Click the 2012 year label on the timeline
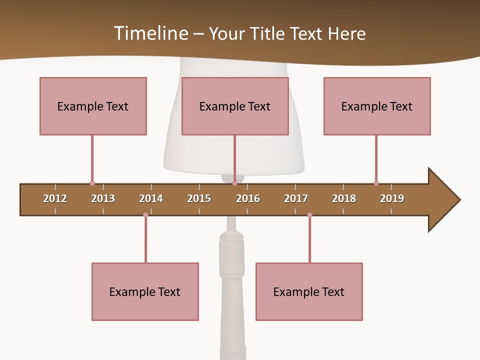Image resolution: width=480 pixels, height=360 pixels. (x=55, y=198)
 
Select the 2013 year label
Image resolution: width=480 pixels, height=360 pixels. (x=103, y=198)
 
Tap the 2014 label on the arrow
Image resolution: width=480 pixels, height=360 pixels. (x=151, y=198)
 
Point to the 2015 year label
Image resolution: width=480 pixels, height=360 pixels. (x=199, y=198)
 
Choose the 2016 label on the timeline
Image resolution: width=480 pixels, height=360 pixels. (x=248, y=198)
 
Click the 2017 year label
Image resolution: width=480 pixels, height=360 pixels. (x=296, y=198)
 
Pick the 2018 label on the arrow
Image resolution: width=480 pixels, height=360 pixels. (x=344, y=198)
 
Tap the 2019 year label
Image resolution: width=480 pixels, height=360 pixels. (x=392, y=198)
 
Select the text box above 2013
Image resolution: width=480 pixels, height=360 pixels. (x=93, y=106)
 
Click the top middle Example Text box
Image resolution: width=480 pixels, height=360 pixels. (x=235, y=106)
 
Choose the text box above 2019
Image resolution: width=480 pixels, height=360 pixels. (x=377, y=106)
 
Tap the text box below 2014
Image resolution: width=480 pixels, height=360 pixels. (x=145, y=291)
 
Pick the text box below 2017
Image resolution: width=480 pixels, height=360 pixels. (x=309, y=291)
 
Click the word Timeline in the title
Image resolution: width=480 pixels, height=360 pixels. (x=150, y=33)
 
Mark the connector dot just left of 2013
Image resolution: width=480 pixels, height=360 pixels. (x=92, y=183)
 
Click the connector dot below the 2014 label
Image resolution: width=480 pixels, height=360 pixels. (x=145, y=215)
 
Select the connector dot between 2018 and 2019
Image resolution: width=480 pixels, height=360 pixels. (x=376, y=183)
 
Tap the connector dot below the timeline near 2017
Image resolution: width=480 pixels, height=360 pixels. (x=309, y=215)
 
